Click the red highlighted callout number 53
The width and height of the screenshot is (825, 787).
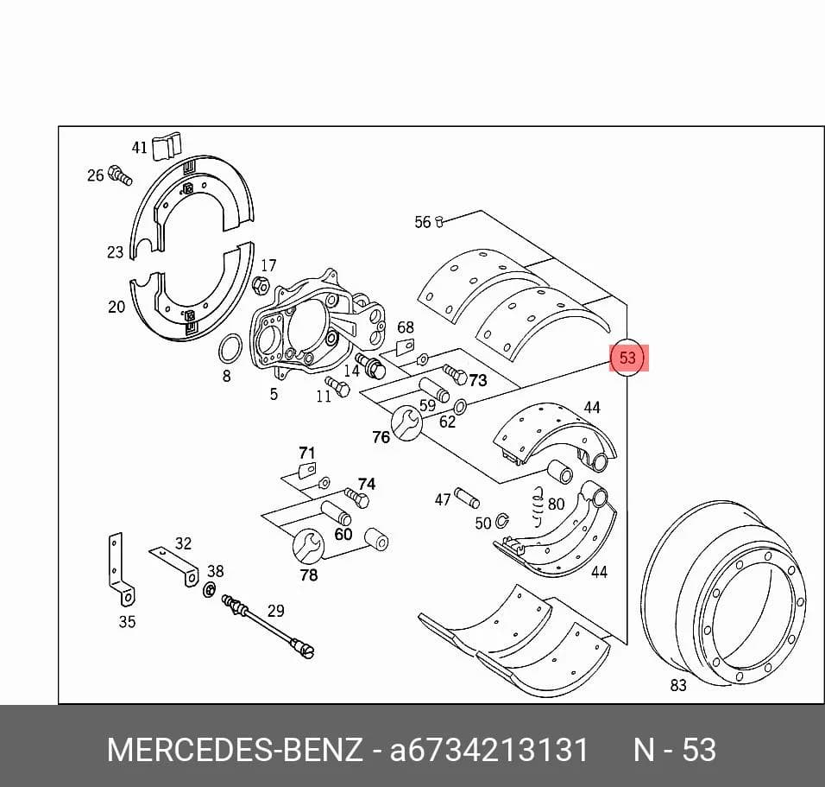(627, 358)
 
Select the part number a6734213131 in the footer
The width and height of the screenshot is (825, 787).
(488, 749)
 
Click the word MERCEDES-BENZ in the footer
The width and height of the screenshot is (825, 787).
(235, 749)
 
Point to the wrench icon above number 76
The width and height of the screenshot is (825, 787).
(406, 423)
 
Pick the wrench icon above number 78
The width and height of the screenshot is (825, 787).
(309, 546)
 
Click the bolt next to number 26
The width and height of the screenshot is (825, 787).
(120, 175)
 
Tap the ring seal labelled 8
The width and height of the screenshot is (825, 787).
(230, 348)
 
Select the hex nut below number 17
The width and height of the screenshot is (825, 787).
(261, 285)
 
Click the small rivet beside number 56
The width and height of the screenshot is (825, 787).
(440, 222)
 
